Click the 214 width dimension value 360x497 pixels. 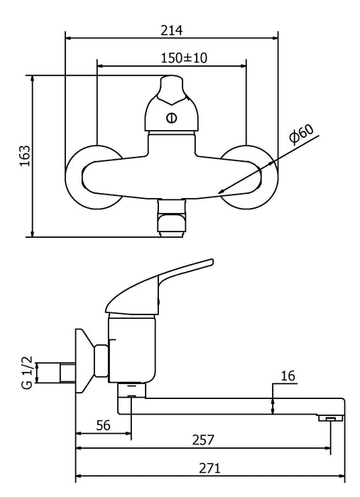click(x=171, y=31)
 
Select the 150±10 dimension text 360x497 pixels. click(x=184, y=58)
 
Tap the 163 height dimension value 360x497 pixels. click(x=25, y=155)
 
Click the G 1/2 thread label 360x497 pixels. click(x=27, y=373)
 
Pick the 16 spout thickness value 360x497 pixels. click(x=288, y=376)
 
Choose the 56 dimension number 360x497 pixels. click(x=103, y=425)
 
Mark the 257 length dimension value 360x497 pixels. click(x=203, y=440)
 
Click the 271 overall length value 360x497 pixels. click(x=209, y=468)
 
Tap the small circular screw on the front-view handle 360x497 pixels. click(x=171, y=118)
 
